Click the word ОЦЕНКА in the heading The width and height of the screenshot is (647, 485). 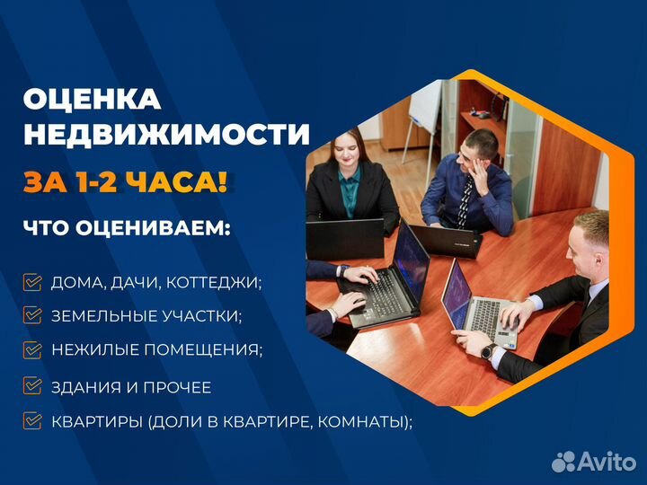pos(92,99)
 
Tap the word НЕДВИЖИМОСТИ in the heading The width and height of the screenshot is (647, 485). pos(166,135)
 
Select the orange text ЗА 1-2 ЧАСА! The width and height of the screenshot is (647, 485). pos(125,182)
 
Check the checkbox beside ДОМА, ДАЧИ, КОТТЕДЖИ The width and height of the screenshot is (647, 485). pos(32,282)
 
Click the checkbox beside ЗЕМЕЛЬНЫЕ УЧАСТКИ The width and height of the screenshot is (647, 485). pos(32,315)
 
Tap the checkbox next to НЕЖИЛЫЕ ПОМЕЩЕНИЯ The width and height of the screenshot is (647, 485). pos(32,350)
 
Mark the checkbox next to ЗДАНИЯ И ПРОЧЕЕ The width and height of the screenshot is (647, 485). pos(32,387)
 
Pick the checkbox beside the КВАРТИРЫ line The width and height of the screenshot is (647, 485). pos(32,420)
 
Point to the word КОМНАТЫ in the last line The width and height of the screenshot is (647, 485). pos(368,420)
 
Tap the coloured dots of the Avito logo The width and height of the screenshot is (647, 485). pos(563,461)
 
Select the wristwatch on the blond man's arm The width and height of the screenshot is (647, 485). pos(486,351)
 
